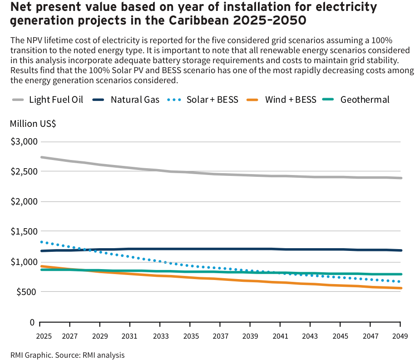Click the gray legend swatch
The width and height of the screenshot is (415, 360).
click(18, 100)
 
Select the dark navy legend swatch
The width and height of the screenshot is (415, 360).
click(98, 100)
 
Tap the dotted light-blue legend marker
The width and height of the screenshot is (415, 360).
click(174, 100)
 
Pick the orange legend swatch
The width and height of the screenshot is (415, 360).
click(252, 100)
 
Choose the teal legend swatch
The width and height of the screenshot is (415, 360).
click(328, 99)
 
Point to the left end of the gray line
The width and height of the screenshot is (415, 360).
click(41, 157)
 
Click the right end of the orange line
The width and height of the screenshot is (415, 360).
click(401, 288)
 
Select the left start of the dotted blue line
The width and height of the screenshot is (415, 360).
click(41, 242)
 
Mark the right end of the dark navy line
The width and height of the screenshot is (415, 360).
click(401, 250)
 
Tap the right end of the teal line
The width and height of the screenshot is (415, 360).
click(401, 274)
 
